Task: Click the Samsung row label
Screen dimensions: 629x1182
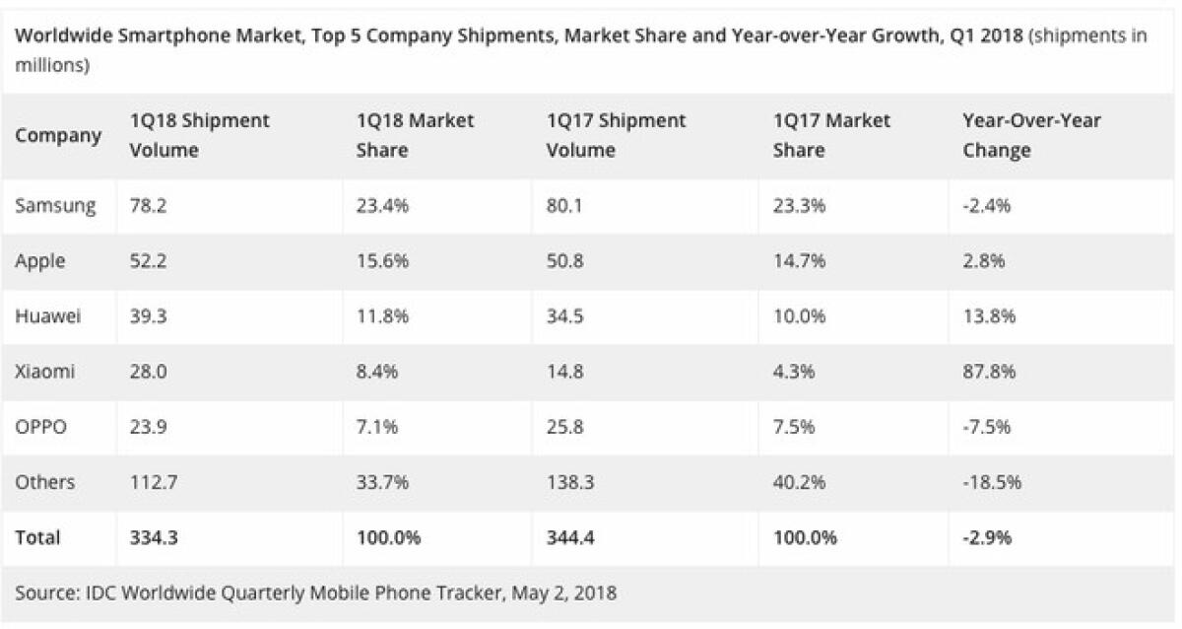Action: point(55,206)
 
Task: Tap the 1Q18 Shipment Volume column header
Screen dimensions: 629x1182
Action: point(199,135)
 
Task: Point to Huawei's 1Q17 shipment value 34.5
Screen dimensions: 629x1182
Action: point(567,316)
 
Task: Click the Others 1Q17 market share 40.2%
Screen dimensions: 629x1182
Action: point(799,482)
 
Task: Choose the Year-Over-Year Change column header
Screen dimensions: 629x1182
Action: point(1031,135)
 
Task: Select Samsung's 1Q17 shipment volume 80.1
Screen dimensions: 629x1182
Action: point(566,206)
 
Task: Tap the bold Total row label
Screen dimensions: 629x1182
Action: point(37,537)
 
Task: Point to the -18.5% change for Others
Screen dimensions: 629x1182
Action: point(992,482)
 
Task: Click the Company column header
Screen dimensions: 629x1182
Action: point(58,135)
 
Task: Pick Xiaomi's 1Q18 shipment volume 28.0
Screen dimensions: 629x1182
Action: point(150,373)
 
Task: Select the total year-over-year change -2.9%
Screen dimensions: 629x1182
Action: point(987,537)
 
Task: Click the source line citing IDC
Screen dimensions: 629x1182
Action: point(315,593)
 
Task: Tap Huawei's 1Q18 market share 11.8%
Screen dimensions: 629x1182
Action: point(383,316)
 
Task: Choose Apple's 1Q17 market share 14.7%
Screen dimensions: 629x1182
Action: point(799,261)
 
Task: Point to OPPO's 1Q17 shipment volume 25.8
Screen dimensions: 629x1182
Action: point(567,427)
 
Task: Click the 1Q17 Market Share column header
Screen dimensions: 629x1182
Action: point(831,135)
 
